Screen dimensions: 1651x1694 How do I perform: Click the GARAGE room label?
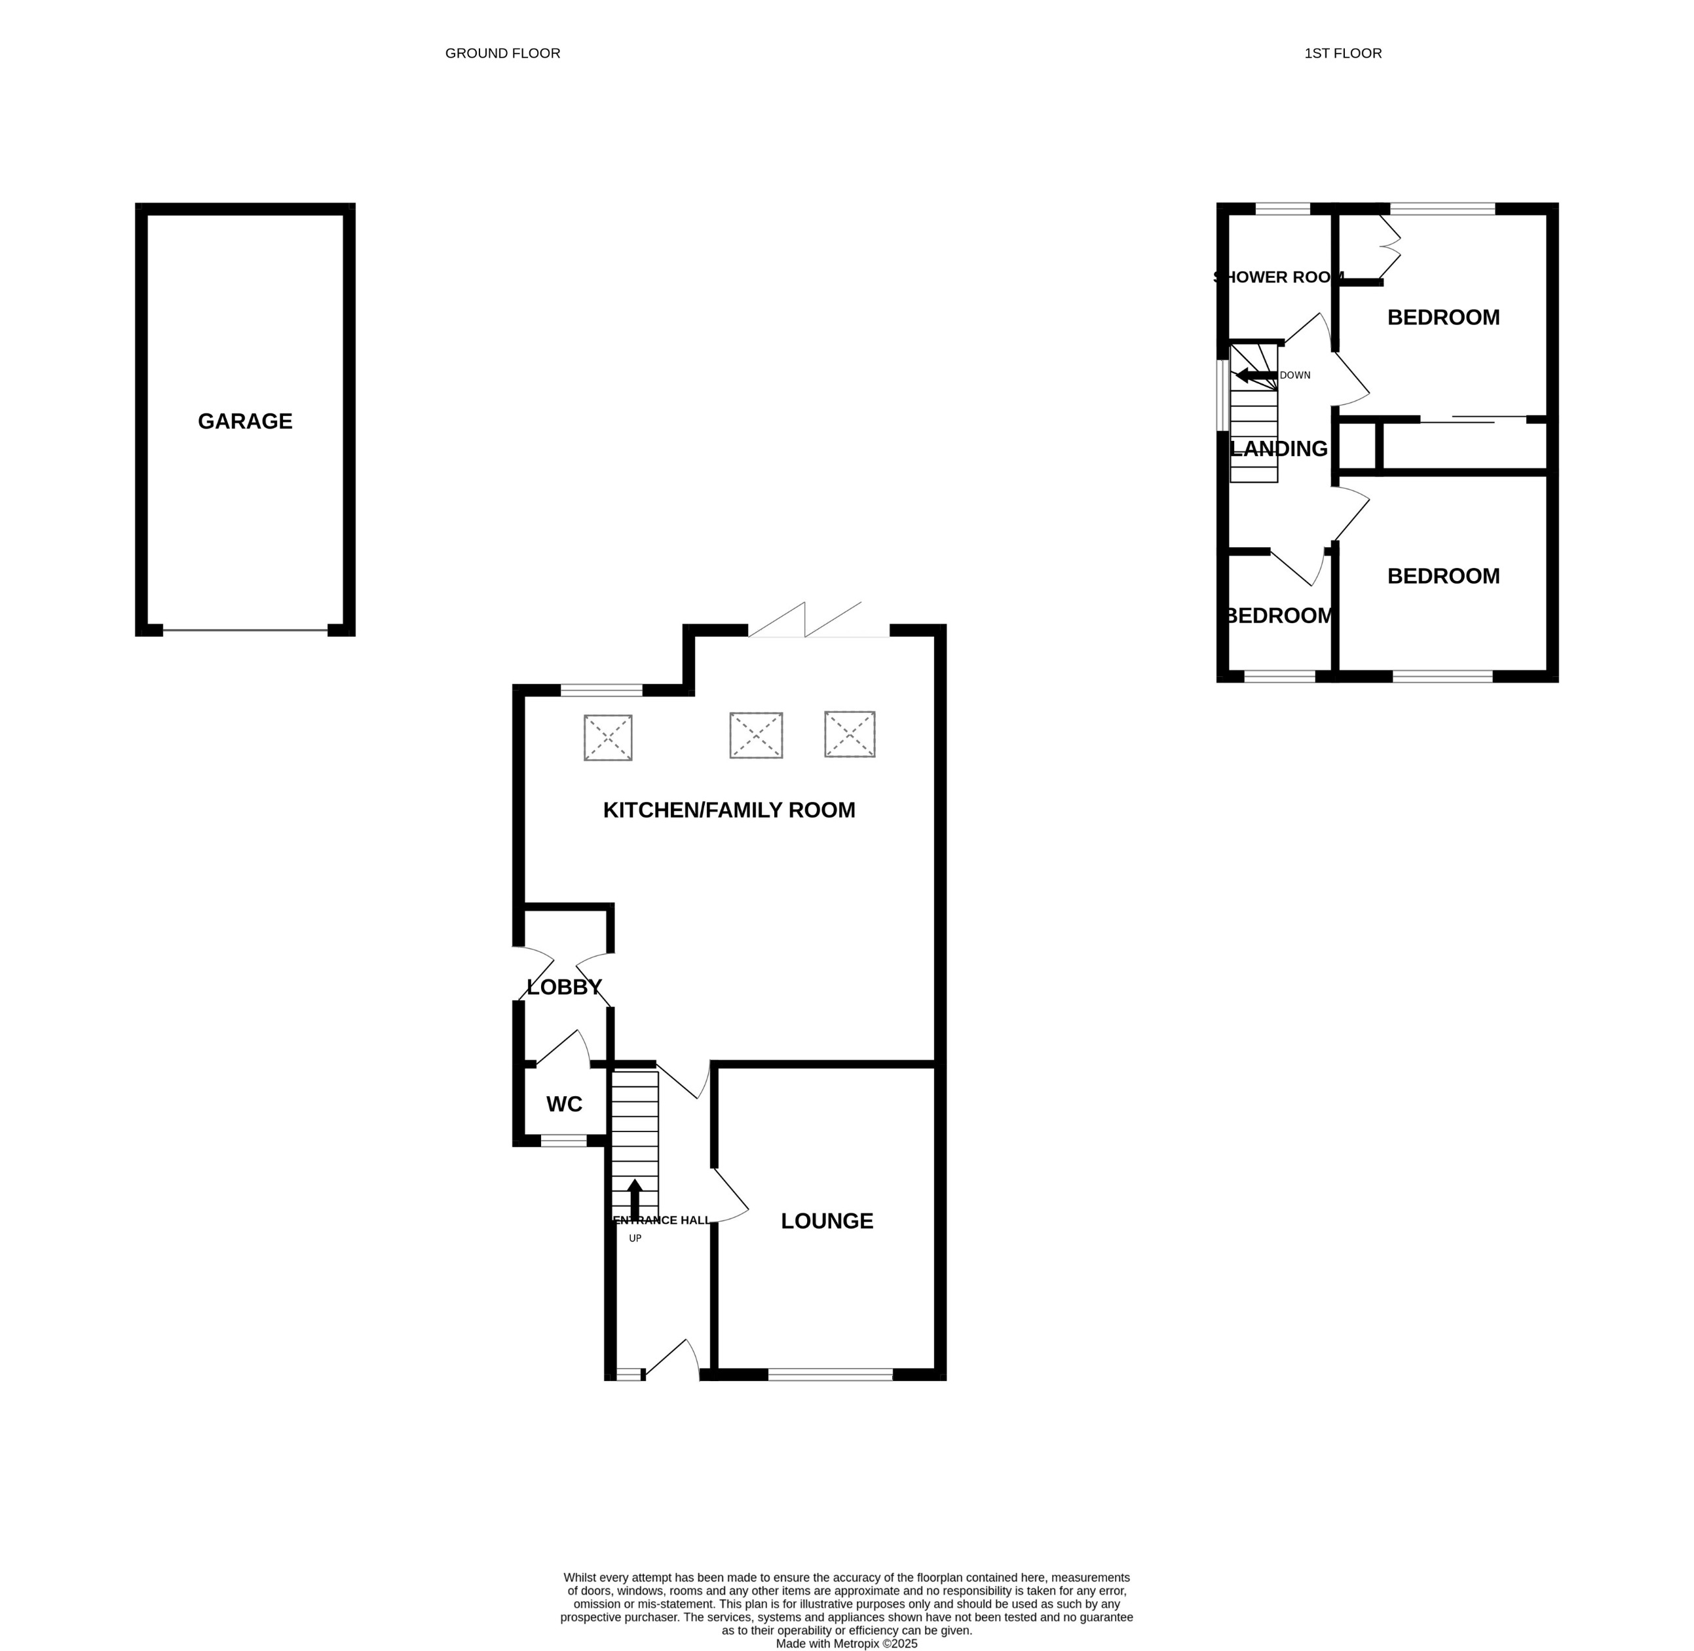[x=246, y=421]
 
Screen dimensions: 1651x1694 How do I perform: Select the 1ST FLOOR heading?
[x=1342, y=54]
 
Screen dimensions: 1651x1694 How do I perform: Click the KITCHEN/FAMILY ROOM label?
[x=728, y=810]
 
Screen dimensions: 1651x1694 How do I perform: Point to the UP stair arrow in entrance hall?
[x=635, y=1200]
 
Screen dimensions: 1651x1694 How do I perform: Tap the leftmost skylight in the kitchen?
[x=608, y=738]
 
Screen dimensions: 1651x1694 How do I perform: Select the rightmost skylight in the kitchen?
[x=850, y=734]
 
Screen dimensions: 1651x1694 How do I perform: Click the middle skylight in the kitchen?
[x=756, y=735]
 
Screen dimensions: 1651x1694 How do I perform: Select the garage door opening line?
[x=246, y=630]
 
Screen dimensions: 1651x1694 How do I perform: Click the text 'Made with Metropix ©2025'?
[x=846, y=1643]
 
